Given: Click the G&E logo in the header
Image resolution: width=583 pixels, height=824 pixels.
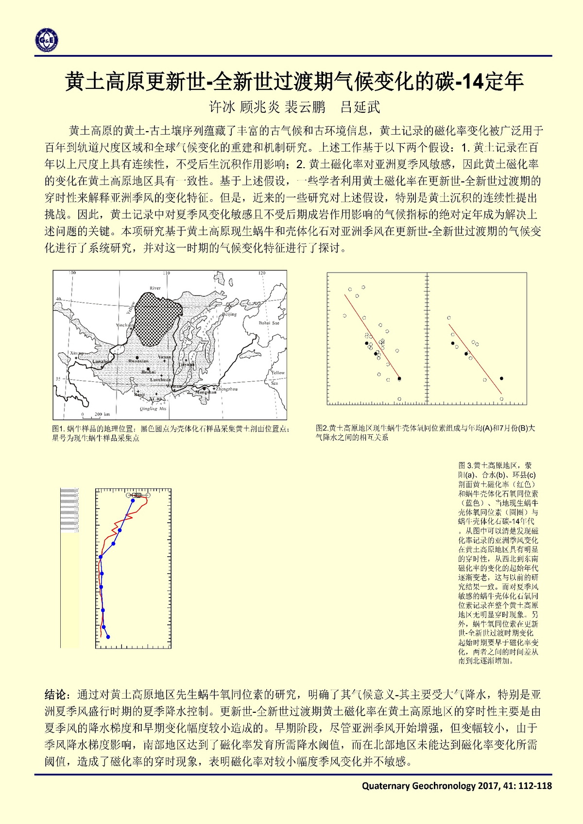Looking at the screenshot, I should pos(47,39).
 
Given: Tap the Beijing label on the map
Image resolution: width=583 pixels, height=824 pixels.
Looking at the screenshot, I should pos(229,314).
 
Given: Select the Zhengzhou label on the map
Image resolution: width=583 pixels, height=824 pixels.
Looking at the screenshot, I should pos(227,389).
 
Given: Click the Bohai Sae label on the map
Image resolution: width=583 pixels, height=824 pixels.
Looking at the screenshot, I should pos(269,323).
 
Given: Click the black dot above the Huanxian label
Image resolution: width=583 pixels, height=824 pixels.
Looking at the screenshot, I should pos(137,357).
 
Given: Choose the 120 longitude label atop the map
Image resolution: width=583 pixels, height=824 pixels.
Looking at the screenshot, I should pos(262,273).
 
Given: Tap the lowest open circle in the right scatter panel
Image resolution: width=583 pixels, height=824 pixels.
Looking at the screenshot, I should pos(501,399).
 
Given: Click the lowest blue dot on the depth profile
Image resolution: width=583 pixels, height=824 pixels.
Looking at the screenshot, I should pos(108,637).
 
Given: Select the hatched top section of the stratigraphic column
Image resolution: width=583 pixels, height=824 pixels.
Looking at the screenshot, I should pos(69,510).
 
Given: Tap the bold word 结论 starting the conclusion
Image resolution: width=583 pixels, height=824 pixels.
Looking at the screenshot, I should pos(55,695).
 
